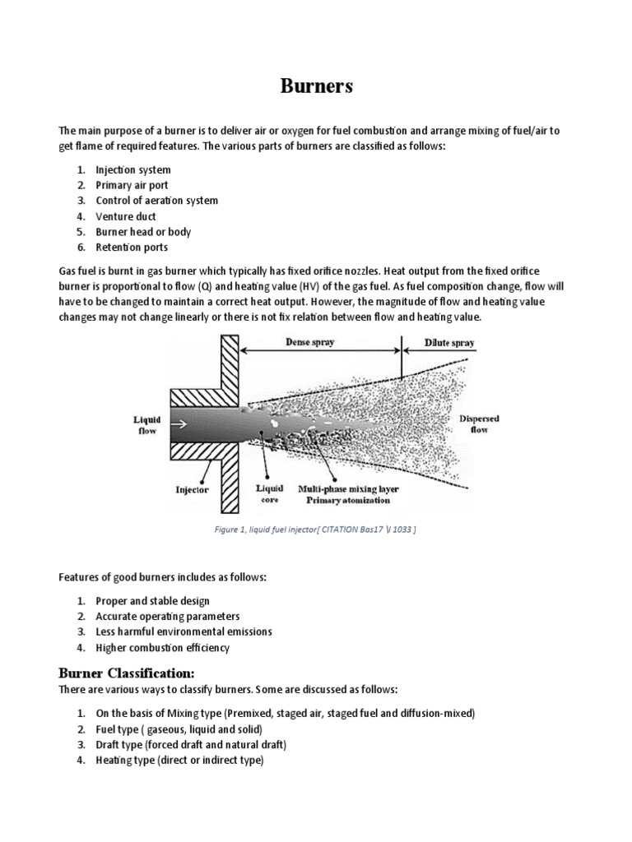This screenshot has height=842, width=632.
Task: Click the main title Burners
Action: [x=315, y=87]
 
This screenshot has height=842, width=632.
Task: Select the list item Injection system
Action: [x=133, y=169]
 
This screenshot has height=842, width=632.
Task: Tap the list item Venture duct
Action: [x=127, y=216]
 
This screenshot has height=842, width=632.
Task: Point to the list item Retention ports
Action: [x=132, y=248]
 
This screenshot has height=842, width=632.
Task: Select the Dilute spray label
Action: [x=449, y=343]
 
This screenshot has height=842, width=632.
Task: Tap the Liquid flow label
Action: [x=147, y=424]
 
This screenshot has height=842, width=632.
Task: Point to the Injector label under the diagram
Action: [x=193, y=489]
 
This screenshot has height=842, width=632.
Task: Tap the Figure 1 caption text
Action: [x=316, y=529]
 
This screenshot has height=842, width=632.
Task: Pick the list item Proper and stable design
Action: [x=152, y=601]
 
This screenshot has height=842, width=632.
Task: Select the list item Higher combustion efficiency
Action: [x=162, y=648]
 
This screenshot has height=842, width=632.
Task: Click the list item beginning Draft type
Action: [x=191, y=745]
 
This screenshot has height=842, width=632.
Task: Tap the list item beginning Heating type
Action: [x=179, y=761]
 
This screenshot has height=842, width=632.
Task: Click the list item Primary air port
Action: [x=132, y=185]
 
